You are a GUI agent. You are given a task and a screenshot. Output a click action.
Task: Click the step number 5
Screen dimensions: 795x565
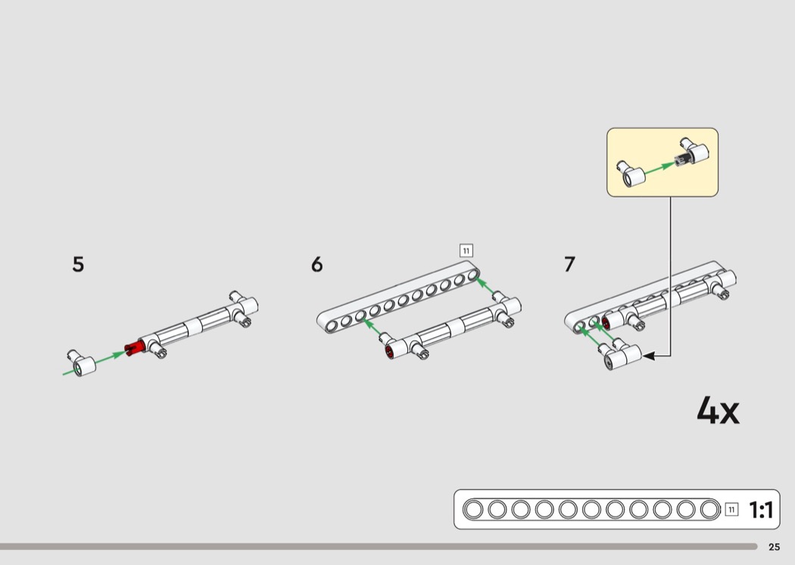coord(78,264)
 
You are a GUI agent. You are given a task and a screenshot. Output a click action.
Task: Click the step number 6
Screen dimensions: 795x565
coord(317,264)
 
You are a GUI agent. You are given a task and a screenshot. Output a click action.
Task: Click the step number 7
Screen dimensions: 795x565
coord(570,264)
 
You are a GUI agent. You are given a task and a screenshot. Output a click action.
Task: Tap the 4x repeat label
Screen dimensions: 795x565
coord(718,410)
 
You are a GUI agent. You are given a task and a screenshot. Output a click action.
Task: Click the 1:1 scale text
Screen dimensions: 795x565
coord(761,510)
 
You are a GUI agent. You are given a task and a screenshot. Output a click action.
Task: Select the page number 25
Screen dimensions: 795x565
coord(775,547)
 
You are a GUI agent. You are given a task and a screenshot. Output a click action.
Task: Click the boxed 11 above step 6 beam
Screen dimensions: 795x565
coord(466,251)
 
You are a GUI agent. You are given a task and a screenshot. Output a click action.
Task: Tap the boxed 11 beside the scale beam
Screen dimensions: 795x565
coord(731,509)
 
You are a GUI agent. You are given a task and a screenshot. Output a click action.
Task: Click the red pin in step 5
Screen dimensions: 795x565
coord(135,348)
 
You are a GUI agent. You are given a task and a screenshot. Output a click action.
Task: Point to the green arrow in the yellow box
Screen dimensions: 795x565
coord(660,168)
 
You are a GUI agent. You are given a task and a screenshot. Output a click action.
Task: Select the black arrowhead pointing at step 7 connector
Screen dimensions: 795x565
coord(648,356)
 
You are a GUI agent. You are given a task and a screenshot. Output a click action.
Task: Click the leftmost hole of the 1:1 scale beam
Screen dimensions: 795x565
coord(473,509)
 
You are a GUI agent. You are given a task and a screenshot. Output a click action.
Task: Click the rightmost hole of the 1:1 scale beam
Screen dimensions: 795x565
coord(710,509)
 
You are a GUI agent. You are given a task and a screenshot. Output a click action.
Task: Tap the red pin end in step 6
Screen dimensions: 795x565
coord(389,352)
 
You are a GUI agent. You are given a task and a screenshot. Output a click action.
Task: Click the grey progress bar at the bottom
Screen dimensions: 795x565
coord(379,547)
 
